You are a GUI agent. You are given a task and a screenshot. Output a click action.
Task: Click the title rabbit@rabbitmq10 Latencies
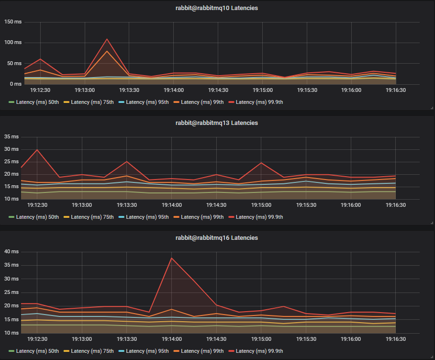[217, 8]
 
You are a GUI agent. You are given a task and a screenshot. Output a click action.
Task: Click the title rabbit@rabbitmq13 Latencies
[217, 123]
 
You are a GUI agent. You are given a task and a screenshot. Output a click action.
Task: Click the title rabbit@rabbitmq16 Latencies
[217, 238]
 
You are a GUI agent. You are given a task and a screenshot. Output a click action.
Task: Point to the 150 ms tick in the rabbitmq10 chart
[13, 22]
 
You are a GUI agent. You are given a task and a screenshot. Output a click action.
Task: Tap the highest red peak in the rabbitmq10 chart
[107, 39]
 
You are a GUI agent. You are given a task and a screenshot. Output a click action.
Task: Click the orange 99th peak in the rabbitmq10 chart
[107, 51]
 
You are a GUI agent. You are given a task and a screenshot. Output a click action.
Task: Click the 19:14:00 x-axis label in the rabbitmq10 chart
[174, 90]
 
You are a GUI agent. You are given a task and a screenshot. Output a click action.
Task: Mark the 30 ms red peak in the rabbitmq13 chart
[37, 150]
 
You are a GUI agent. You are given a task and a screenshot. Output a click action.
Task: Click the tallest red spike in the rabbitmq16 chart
[171, 258]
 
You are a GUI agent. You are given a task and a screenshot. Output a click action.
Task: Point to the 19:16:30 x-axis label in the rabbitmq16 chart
[395, 339]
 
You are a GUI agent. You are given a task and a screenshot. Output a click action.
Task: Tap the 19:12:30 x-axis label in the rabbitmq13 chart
[38, 205]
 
